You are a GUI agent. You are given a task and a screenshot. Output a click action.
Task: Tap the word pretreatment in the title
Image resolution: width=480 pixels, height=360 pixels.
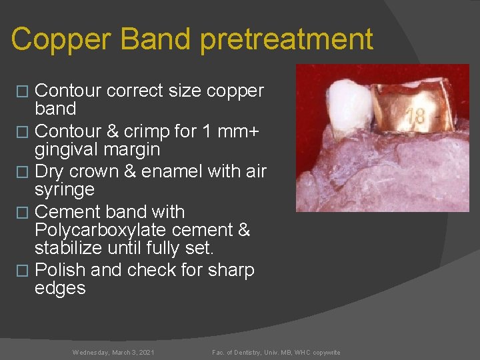point(287,39)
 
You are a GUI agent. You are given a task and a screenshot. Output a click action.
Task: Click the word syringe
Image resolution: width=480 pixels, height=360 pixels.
point(64,190)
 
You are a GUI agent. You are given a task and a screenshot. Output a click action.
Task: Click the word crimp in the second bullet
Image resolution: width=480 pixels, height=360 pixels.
point(152,132)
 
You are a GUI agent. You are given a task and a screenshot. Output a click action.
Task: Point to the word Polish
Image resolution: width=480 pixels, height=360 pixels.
point(59,271)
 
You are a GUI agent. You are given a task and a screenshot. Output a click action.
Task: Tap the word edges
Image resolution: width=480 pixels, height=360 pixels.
point(60,289)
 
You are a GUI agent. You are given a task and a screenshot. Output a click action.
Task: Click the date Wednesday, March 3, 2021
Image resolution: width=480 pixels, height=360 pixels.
point(113,352)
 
